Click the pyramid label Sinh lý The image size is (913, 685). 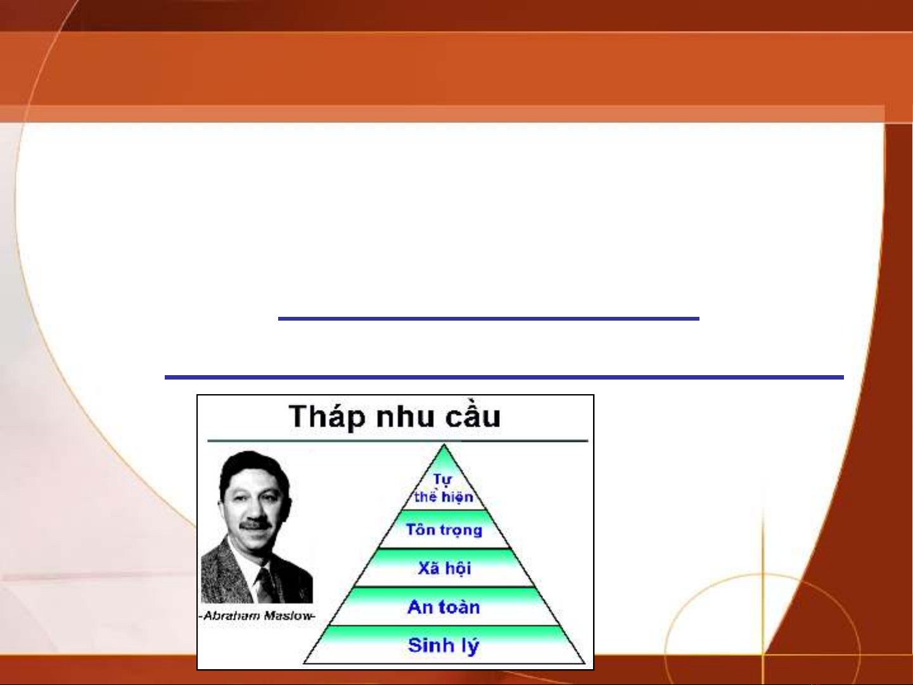tap(444, 646)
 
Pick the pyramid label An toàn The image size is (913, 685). tap(444, 607)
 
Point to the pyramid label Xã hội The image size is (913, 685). tap(444, 568)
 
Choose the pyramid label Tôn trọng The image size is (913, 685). tap(444, 530)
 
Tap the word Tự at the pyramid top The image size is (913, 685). tap(442, 480)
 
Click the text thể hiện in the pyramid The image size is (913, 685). tap(444, 497)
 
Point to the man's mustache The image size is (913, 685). tap(255, 525)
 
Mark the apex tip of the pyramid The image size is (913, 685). tap(444, 445)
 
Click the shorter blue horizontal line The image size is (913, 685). tap(488, 319)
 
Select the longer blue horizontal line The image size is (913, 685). tap(504, 377)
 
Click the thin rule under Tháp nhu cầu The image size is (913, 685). tap(398, 440)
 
